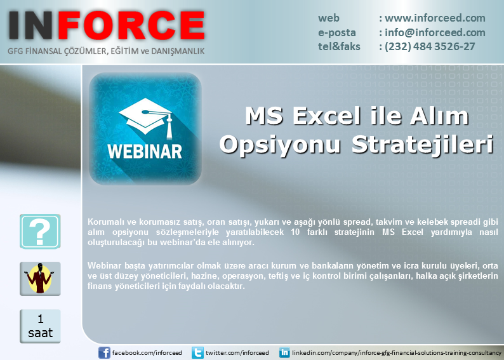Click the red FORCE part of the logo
pyautogui.click(x=131, y=25)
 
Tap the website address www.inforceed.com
pyautogui.click(x=435, y=18)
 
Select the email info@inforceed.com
pyautogui.click(x=435, y=32)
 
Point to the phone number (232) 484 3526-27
pyautogui.click(x=430, y=46)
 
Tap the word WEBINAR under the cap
pyautogui.click(x=145, y=151)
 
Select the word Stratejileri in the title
pyautogui.click(x=423, y=144)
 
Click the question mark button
pyautogui.click(x=40, y=231)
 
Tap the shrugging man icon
pyautogui.click(x=40, y=279)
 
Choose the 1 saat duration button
pyautogui.click(x=40, y=326)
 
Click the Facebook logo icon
pyautogui.click(x=104, y=352)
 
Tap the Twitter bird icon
pyautogui.click(x=197, y=352)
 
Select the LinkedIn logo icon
pyautogui.click(x=284, y=352)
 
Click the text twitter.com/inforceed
pyautogui.click(x=237, y=352)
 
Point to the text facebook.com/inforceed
pyautogui.click(x=147, y=352)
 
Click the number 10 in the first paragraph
pyautogui.click(x=295, y=232)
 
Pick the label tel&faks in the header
pyautogui.click(x=339, y=46)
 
